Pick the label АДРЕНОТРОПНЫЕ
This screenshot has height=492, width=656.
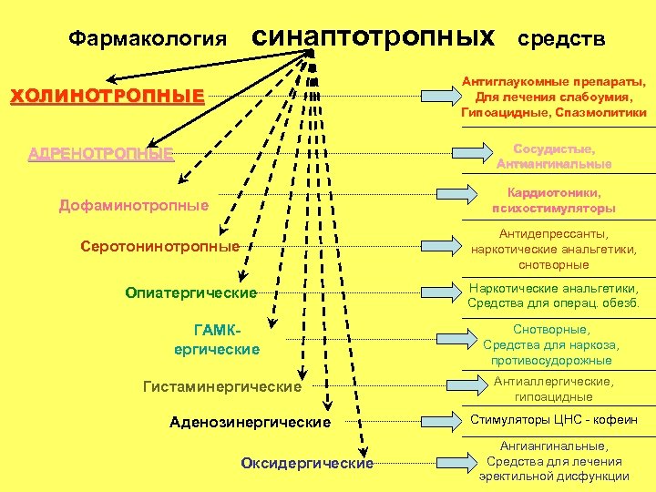(101, 154)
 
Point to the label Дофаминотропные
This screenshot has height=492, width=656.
(134, 205)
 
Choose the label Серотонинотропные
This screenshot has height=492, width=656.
(159, 246)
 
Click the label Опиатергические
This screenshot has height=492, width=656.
(190, 292)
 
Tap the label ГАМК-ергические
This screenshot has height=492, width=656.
(217, 340)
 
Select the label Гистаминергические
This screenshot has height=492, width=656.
(222, 387)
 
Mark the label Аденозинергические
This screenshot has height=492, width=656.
(251, 423)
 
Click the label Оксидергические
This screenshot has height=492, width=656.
(307, 464)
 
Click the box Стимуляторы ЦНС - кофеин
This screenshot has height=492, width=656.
(553, 420)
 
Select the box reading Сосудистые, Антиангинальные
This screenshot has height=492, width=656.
(553, 156)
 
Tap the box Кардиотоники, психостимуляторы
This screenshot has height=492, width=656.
(553, 200)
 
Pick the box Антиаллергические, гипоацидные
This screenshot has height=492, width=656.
(553, 389)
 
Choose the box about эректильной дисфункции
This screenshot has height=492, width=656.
(553, 461)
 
